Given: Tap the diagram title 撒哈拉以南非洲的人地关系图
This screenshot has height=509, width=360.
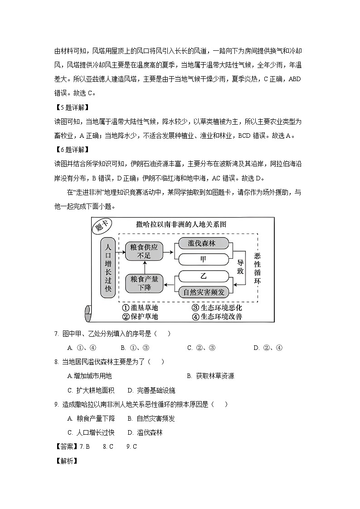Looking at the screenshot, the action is (181, 224).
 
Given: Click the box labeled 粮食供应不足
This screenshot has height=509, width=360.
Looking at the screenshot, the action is (144, 251).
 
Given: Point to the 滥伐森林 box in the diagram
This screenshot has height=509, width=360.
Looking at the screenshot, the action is (202, 244).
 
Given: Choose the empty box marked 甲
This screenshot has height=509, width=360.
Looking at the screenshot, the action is (203, 259).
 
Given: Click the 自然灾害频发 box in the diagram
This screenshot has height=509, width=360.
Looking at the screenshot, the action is (204, 292).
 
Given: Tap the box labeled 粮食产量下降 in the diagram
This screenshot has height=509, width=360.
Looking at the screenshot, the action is (144, 284).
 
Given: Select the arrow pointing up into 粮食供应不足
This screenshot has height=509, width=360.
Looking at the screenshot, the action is (144, 267).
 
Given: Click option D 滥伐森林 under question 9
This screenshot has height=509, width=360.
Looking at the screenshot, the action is (145, 432).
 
